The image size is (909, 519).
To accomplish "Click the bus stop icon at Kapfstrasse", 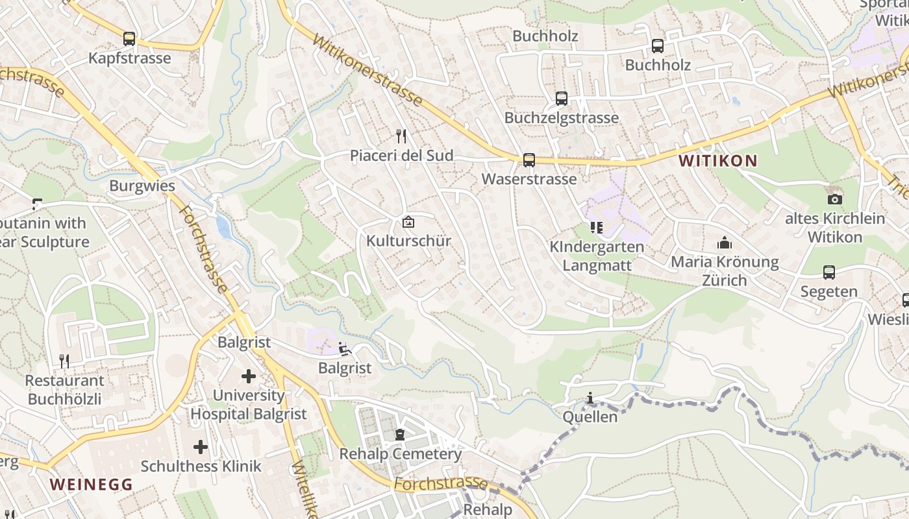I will tap(129, 38).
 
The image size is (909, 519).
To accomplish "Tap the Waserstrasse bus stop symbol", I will tap(529, 160).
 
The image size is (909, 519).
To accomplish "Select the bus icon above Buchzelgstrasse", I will tap(562, 99).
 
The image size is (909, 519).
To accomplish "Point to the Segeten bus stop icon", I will tap(829, 272).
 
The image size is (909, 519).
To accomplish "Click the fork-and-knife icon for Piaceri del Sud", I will tap(401, 136).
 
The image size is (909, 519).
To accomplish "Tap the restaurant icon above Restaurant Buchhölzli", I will tap(64, 361).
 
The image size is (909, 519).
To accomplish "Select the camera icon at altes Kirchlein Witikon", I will tap(835, 199).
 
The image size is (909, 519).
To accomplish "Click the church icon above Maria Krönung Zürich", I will tap(725, 243).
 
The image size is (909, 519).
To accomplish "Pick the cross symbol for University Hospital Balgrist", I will tap(249, 376).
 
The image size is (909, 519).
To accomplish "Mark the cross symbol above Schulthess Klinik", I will tap(201, 446).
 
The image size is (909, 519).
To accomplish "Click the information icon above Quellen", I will tap(590, 398).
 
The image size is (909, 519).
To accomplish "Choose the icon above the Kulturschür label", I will tap(408, 222).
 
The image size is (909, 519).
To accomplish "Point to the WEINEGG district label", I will tap(91, 484).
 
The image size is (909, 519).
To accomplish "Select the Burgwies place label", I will tap(142, 186).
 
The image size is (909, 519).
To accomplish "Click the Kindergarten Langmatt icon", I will tap(596, 227).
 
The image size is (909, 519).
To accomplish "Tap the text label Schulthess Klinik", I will tap(201, 466).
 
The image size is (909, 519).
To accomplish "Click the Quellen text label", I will tap(590, 416).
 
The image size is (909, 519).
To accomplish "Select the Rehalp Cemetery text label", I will tap(401, 453).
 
